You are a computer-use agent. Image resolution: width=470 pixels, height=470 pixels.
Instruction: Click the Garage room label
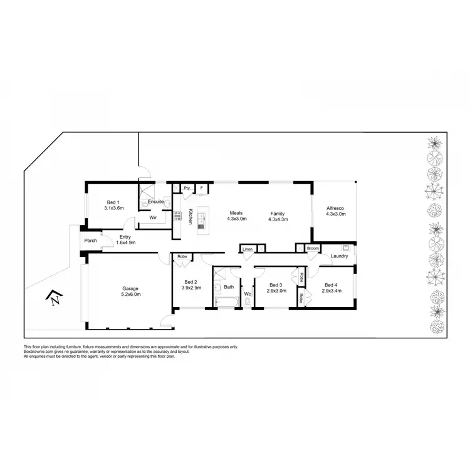pos(130,288)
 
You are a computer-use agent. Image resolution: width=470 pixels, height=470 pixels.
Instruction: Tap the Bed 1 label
pos(113,202)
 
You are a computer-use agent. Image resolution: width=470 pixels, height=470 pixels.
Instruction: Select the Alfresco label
pos(335,208)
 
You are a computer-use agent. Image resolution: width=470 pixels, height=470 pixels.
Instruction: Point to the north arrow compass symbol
pos(55,300)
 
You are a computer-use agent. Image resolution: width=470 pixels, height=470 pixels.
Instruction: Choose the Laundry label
pos(338,256)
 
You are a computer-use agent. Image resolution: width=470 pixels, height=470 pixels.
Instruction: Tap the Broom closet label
pos(313,249)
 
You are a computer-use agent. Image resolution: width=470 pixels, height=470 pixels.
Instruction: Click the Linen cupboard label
pos(248,249)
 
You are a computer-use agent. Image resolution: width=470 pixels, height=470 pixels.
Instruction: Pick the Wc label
pos(247,293)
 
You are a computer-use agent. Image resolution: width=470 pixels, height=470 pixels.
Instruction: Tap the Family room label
pos(278,213)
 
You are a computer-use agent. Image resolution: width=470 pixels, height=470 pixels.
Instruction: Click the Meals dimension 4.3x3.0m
pos(236,219)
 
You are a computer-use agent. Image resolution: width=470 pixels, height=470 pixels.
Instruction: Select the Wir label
pos(152,218)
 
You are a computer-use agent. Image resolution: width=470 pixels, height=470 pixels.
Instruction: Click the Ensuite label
pos(155,201)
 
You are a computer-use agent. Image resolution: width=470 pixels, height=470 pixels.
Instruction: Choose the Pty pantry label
pos(186,187)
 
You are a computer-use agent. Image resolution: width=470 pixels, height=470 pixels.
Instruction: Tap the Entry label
pos(125,237)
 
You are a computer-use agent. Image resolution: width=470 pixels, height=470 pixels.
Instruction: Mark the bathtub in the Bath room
pos(227,303)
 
